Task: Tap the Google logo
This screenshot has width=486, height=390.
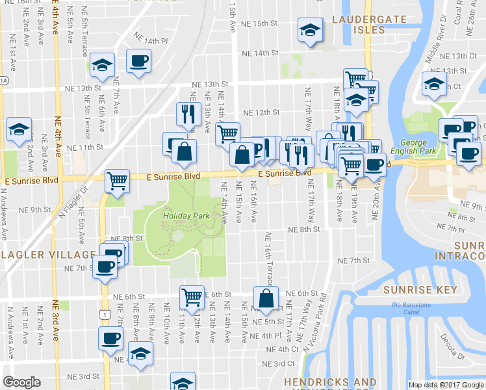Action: click(21, 382)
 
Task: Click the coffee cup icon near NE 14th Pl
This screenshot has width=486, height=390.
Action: click(139, 61)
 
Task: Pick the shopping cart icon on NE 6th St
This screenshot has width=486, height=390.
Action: click(192, 297)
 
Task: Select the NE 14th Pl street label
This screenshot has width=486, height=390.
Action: click(151, 40)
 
